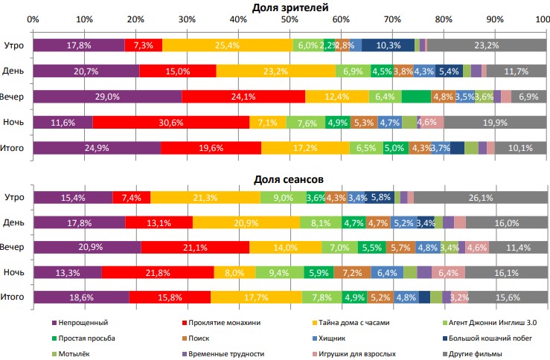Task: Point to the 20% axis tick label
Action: pyautogui.click(x=135, y=19)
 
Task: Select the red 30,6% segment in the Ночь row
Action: pyautogui.click(x=171, y=122)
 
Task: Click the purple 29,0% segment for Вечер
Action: pyautogui.click(x=107, y=97)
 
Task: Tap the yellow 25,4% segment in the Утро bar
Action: pyautogui.click(x=227, y=45)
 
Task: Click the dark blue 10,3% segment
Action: pyautogui.click(x=388, y=45)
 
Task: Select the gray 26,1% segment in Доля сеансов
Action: pyautogui.click(x=479, y=197)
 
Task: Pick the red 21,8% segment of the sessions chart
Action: pyautogui.click(x=157, y=273)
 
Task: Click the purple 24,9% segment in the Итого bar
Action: pyautogui.click(x=97, y=148)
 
